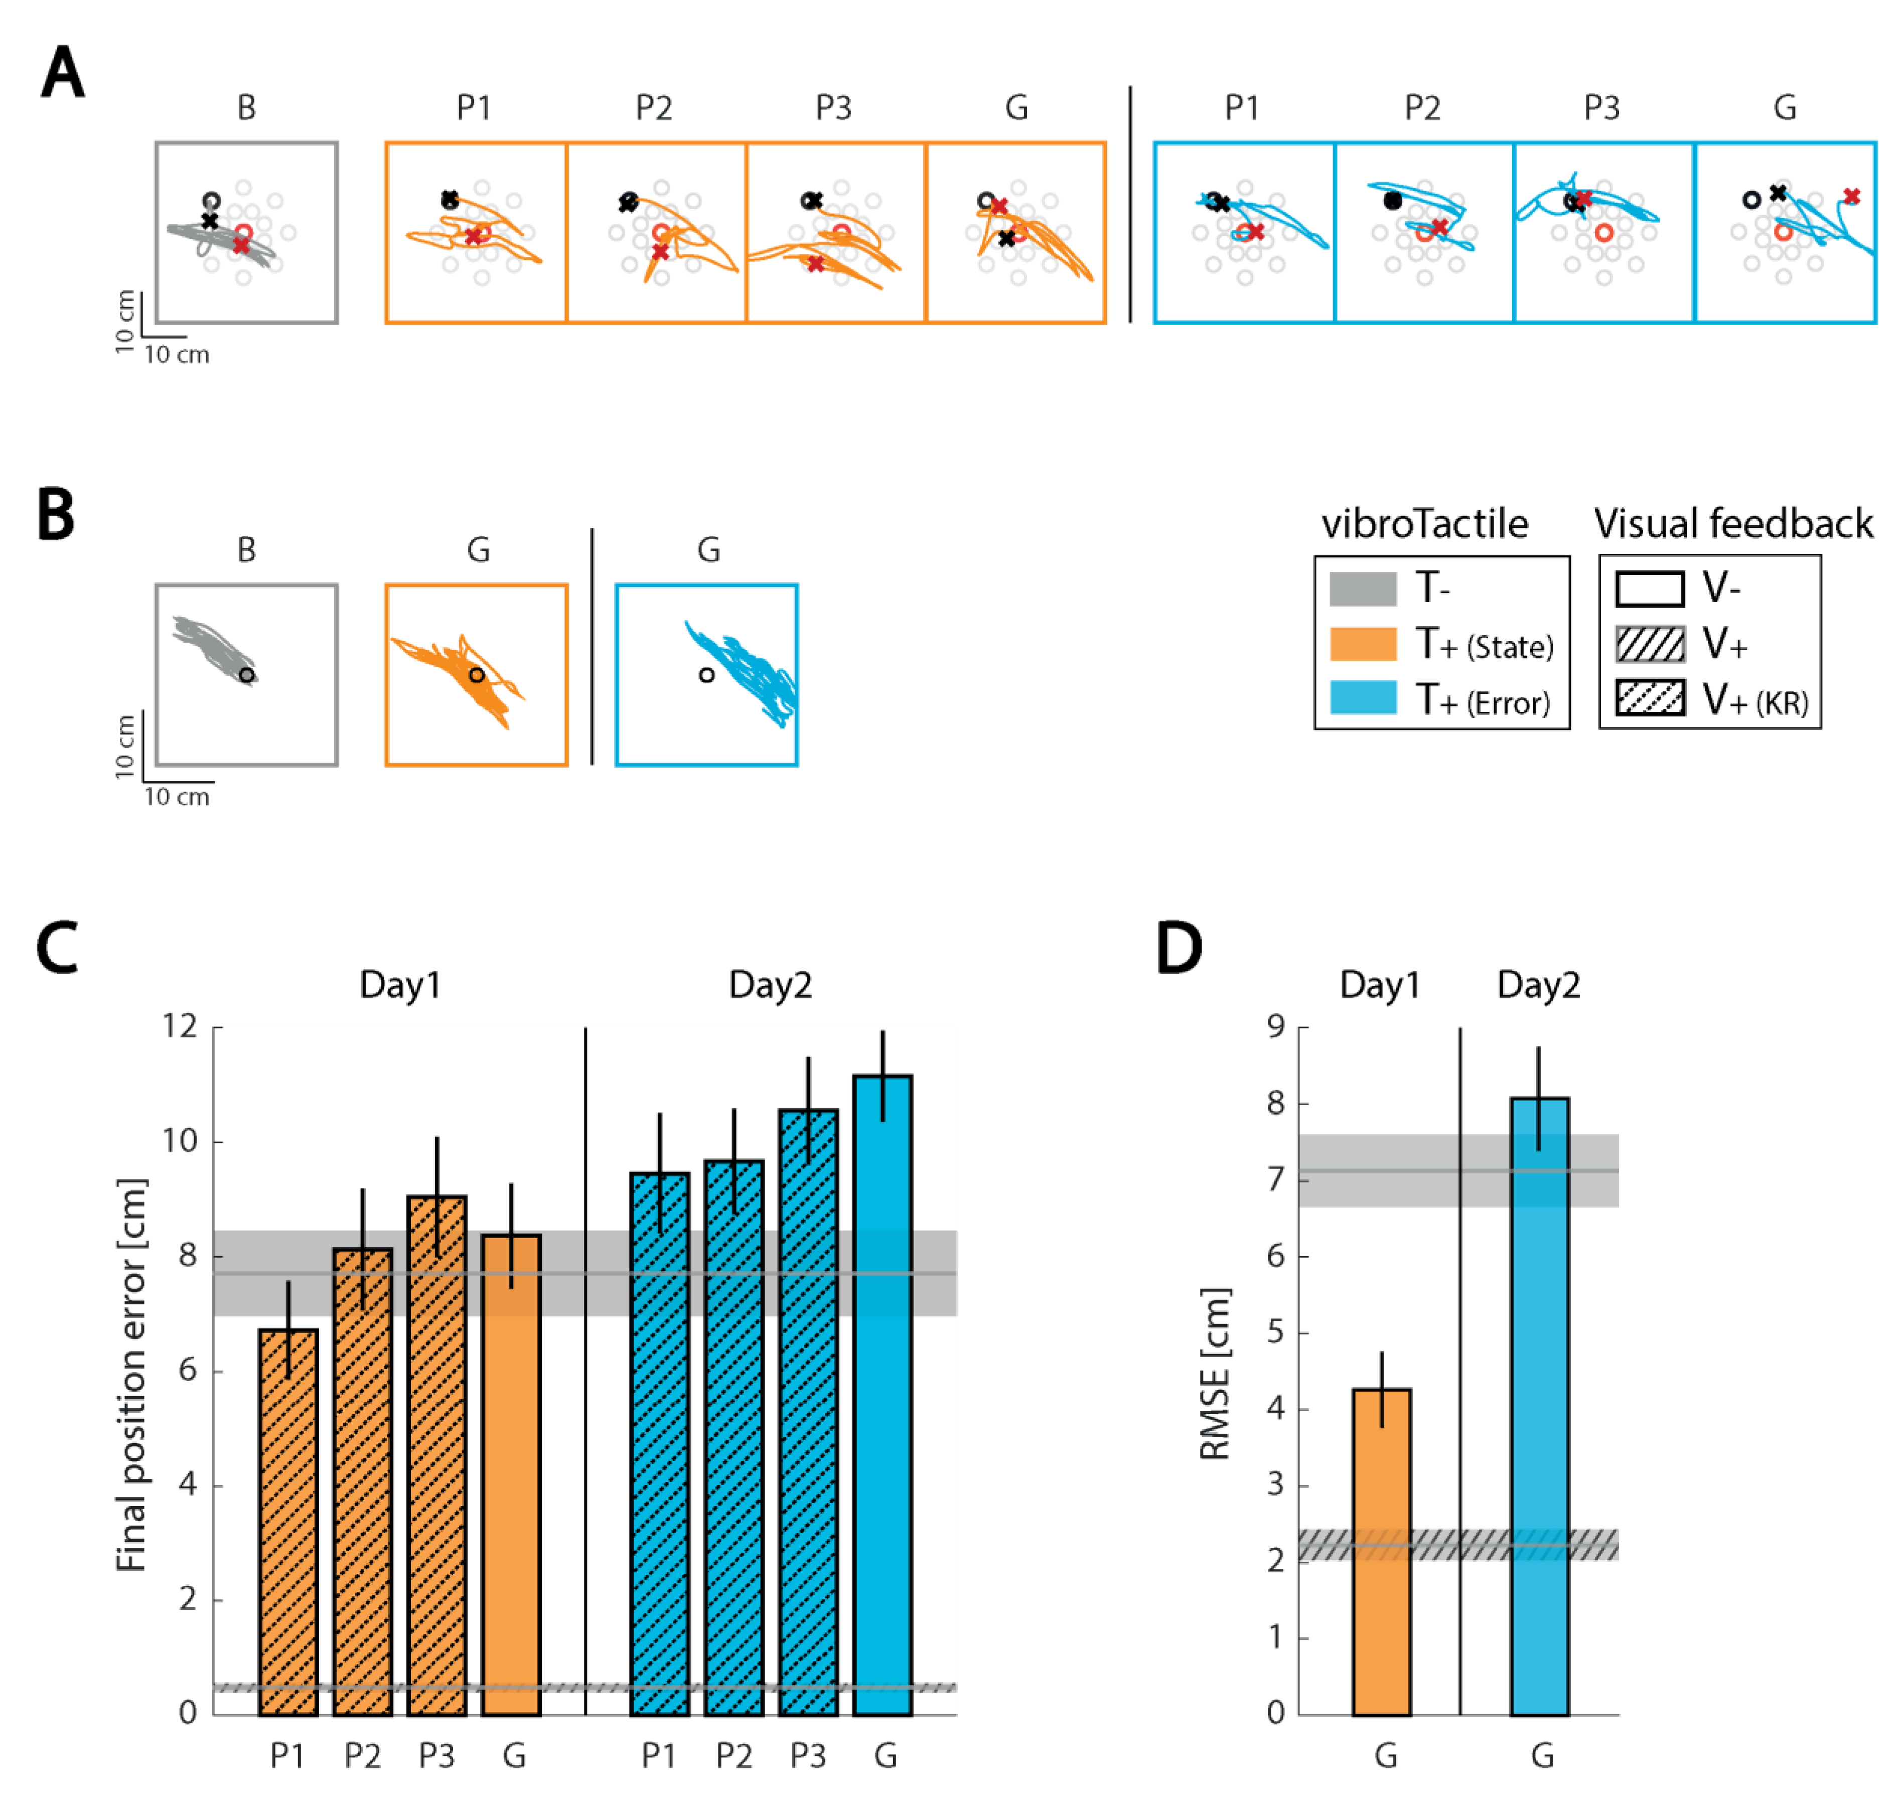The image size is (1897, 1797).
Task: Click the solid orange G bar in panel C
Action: (x=511, y=1474)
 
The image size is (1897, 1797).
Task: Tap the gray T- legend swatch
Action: (x=1362, y=588)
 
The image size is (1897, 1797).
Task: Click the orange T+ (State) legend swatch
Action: (x=1362, y=644)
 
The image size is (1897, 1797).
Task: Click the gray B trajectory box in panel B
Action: (x=246, y=675)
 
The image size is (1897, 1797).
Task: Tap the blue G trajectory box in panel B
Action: (x=706, y=675)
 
